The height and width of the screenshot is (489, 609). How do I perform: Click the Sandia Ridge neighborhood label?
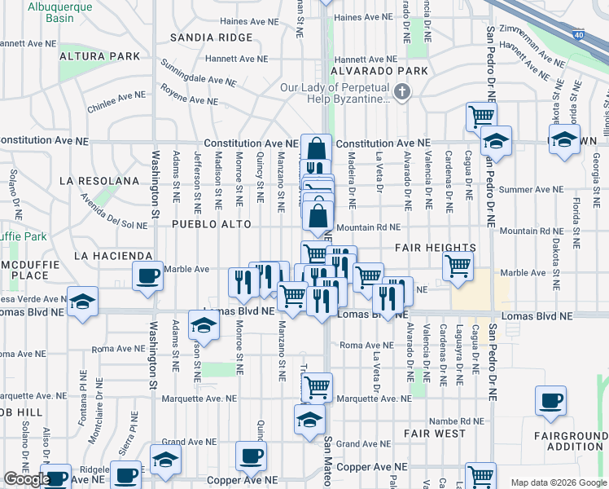tap(212, 37)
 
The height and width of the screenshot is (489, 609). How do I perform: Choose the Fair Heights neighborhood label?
tap(436, 247)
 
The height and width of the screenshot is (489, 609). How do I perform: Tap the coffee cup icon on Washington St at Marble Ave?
tap(147, 276)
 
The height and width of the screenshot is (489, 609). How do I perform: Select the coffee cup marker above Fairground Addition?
tap(551, 400)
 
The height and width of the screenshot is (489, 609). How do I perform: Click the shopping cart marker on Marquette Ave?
tap(317, 387)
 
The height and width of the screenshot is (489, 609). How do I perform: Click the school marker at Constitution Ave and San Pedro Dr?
tap(496, 141)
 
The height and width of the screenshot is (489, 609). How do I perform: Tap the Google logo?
tap(27, 479)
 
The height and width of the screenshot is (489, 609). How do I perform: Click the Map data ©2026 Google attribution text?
tap(558, 482)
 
